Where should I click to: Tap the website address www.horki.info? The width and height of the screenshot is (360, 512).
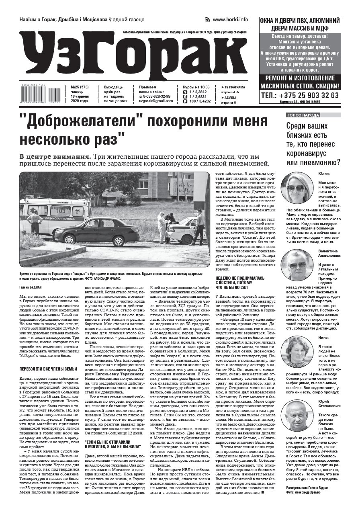[x=230, y=19]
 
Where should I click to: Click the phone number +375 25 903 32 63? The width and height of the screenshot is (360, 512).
[x=300, y=95]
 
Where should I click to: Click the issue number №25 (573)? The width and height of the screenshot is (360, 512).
[x=80, y=87]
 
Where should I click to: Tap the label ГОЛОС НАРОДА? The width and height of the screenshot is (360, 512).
[x=303, y=115]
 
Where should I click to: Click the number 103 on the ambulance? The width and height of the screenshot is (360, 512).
[x=61, y=210]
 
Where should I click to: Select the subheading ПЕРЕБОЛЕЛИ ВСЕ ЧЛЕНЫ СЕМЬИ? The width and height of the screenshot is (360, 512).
[x=48, y=369]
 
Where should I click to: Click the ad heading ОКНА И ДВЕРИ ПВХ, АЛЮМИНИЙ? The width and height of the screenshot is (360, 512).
[x=300, y=20]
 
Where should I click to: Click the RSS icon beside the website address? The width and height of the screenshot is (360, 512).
[x=208, y=19]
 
